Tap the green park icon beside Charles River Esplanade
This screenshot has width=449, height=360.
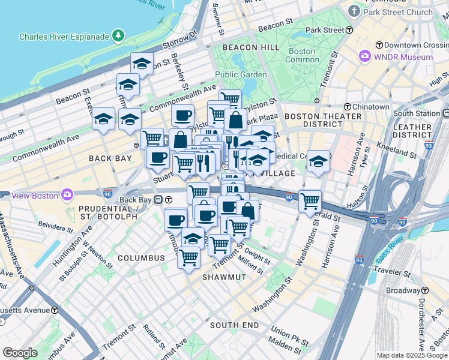pyautogui.click(x=119, y=37)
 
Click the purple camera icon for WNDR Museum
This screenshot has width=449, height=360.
pyautogui.click(x=365, y=57)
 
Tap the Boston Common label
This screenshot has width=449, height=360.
pyautogui.click(x=302, y=56)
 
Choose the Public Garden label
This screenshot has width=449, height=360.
pyautogui.click(x=241, y=74)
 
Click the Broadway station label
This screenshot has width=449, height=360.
pyautogui.click(x=403, y=290)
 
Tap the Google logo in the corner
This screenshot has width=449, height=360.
pyautogui.click(x=20, y=353)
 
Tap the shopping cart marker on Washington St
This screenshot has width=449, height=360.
pyautogui.click(x=310, y=202)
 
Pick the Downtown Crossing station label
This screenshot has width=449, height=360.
pyautogui.click(x=416, y=45)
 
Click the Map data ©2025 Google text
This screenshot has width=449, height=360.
pyautogui.click(x=411, y=355)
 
